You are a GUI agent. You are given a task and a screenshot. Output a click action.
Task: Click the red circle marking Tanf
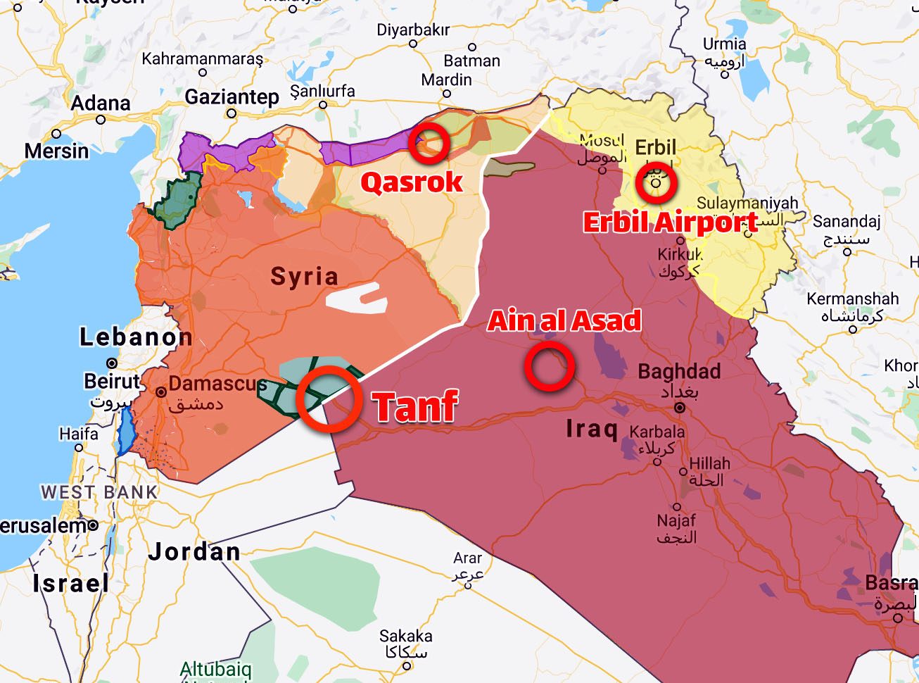point(329,399)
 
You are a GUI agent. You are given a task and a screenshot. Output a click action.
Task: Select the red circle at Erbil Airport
point(656,183)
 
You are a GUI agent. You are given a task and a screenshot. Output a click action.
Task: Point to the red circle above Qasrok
point(429,144)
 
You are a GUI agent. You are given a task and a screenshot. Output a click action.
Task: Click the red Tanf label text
point(416,406)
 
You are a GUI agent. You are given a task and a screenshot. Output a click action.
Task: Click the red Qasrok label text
point(412,182)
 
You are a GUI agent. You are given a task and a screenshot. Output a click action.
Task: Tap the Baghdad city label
point(679,371)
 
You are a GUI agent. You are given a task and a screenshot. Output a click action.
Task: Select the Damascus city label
point(217,384)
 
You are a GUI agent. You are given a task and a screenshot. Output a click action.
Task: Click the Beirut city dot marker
point(112,363)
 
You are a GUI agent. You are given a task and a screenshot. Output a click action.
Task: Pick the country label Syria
point(304,276)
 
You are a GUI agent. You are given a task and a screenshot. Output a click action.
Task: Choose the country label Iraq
point(592,428)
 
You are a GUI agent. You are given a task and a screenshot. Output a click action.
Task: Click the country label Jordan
point(194,551)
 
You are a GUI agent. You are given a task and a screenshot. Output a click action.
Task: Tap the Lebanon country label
point(136,337)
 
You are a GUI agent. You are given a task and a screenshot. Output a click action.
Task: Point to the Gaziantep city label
point(232,96)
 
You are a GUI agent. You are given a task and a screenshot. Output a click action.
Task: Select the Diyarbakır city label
point(413,30)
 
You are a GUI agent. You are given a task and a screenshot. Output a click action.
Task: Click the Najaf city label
point(676,520)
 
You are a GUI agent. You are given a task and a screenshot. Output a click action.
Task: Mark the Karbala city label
point(657,432)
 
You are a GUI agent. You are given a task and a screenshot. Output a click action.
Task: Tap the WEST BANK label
point(99,491)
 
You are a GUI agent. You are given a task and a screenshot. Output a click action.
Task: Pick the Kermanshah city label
point(853,299)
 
